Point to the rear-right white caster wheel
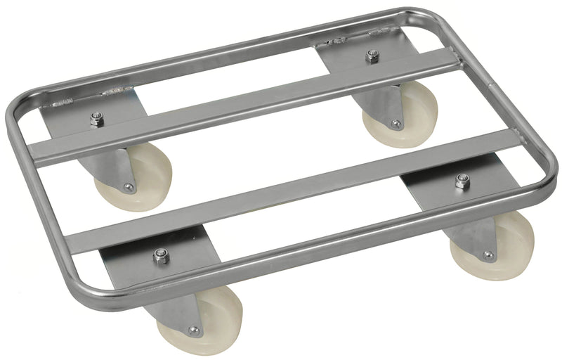(400, 116)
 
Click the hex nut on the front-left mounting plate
(160, 256)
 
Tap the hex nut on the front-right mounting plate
(462, 182)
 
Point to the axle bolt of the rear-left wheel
(128, 187)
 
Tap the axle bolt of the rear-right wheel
(396, 125)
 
